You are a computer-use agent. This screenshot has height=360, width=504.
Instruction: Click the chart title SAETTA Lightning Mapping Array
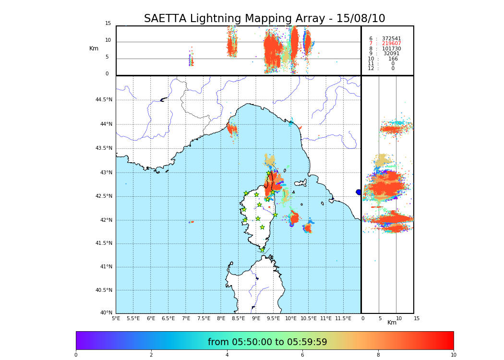264,19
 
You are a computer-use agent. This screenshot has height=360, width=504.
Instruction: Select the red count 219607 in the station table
391,44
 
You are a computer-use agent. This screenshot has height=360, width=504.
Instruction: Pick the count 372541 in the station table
391,39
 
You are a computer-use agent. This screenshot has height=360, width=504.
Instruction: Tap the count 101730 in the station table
391,49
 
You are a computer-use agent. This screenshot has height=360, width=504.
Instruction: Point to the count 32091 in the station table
391,54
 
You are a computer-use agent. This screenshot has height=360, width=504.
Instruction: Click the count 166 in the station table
393,59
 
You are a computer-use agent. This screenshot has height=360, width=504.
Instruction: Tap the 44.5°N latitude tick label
104,100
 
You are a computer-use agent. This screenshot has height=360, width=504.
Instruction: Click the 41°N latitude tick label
106,267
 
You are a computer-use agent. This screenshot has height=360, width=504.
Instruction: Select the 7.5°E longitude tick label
204,318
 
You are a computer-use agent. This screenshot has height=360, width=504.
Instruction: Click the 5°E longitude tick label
116,318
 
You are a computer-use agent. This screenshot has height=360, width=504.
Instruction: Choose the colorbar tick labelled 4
227,355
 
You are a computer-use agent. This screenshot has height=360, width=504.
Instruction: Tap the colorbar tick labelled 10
453,355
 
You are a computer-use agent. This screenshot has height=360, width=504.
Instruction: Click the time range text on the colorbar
267,342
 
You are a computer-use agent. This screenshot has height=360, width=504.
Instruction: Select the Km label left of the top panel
94,48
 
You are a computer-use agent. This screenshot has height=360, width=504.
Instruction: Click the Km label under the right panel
392,323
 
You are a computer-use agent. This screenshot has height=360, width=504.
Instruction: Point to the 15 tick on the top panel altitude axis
108,24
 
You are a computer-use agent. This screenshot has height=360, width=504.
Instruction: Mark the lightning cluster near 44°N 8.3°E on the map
232,129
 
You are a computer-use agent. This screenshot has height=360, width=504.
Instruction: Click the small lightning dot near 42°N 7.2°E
192,222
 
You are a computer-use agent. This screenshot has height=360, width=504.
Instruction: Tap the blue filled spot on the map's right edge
359,192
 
